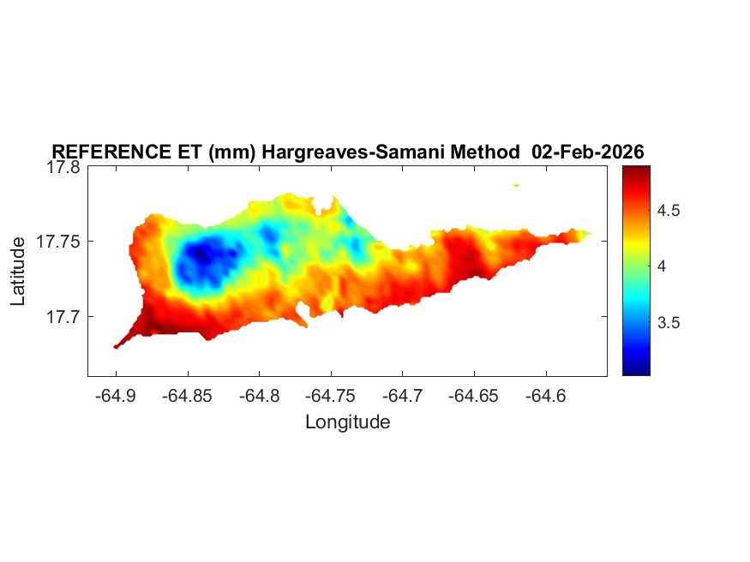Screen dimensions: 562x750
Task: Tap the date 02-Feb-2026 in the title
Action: point(587,152)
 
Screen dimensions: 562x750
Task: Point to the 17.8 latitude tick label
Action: point(63,168)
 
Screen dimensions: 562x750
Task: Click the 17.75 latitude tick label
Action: point(59,242)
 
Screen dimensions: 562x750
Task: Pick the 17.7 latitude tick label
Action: point(63,317)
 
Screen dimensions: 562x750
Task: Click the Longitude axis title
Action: point(347,421)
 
